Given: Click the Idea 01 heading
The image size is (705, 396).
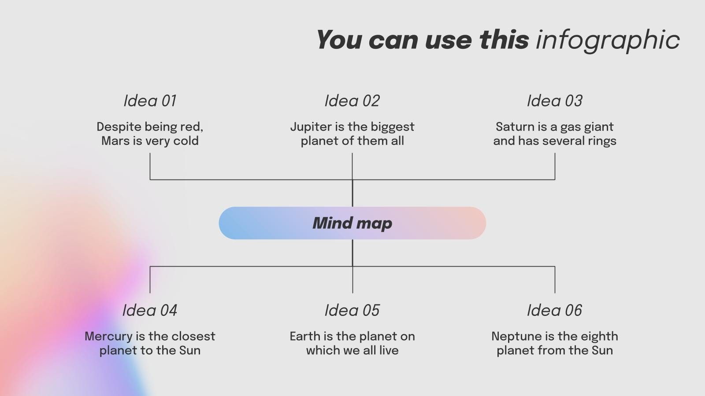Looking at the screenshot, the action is [x=150, y=101].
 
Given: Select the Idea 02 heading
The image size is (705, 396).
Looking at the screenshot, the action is [x=352, y=101].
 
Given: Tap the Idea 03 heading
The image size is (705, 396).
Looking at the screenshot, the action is [x=555, y=101].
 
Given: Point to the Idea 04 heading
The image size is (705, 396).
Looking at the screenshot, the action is [x=150, y=310].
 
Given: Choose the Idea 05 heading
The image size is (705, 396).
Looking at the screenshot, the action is [x=352, y=310].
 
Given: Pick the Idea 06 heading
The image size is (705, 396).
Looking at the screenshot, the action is [x=555, y=310].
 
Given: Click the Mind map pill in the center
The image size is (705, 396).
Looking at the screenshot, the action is [x=352, y=223].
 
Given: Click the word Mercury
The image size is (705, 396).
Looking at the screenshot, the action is [x=109, y=337].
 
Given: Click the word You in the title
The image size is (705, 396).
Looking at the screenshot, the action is [x=339, y=40].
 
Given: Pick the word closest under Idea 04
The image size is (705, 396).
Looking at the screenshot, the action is [x=193, y=336].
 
